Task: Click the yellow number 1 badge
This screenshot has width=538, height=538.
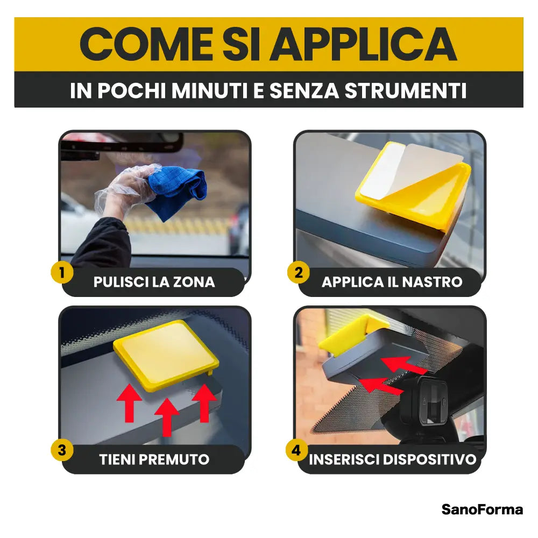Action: click(62, 273)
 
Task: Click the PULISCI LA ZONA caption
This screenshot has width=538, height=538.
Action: click(154, 282)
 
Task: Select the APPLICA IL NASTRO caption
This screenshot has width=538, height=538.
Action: click(392, 282)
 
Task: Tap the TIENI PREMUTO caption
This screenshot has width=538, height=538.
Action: click(154, 459)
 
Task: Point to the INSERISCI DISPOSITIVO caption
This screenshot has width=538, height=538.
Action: click(392, 459)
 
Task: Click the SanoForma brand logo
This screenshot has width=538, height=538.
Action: click(482, 509)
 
